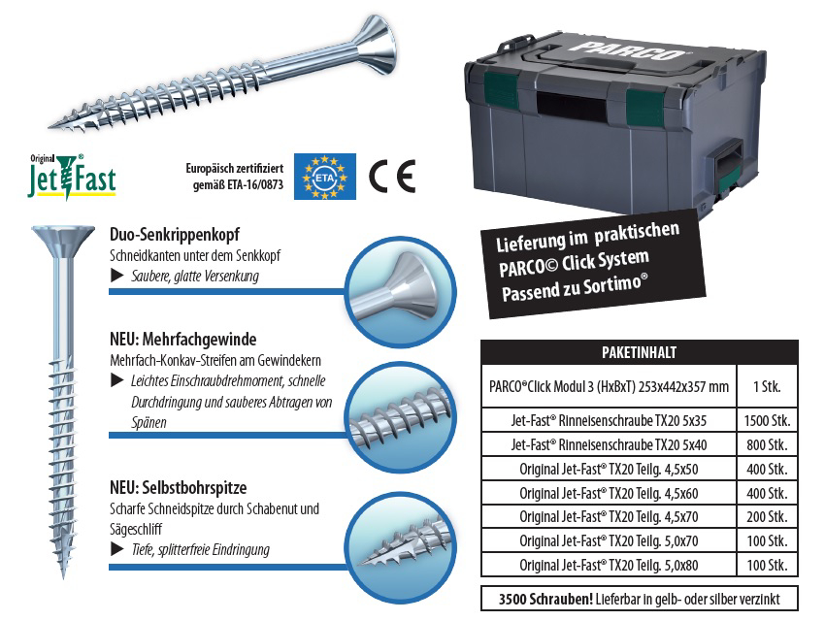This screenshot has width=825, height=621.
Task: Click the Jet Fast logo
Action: [x=72, y=177]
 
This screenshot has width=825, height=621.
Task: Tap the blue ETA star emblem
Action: [x=324, y=177]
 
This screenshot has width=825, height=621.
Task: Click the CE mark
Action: [x=392, y=176]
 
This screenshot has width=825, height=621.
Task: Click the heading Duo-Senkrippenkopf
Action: [x=175, y=234]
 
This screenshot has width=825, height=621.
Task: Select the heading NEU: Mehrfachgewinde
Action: [x=183, y=340]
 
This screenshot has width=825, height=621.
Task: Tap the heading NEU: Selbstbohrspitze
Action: [x=179, y=487]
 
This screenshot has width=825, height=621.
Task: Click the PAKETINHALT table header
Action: [x=640, y=352]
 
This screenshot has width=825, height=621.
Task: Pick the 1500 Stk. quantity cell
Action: [x=767, y=421]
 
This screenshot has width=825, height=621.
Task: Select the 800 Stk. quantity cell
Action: [x=767, y=444]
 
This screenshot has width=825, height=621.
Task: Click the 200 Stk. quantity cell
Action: [x=767, y=517]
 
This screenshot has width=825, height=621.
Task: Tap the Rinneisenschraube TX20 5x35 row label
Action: [x=609, y=421]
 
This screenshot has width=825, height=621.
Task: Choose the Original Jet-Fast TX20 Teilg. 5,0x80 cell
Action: [x=609, y=566]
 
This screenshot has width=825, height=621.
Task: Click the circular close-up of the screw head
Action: [x=401, y=291]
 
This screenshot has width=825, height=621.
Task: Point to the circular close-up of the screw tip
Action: [x=401, y=548]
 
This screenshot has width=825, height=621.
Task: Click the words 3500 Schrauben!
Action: [x=545, y=599]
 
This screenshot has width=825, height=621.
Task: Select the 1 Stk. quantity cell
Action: [x=767, y=386]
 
